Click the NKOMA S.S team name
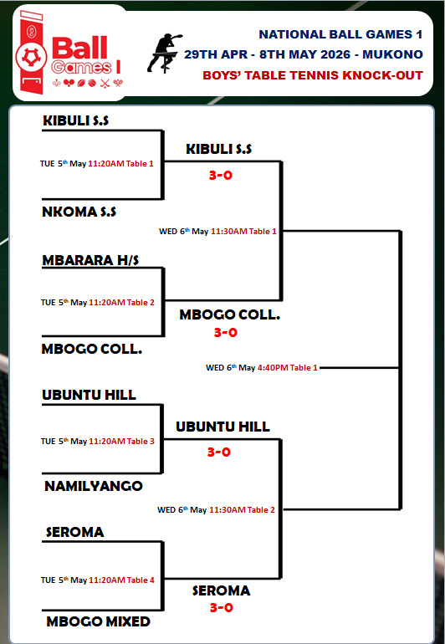pyautogui.click(x=79, y=212)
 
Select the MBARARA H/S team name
pyautogui.click(x=90, y=260)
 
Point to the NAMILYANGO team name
pyautogui.click(x=94, y=486)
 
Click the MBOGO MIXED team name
pyautogui.click(x=98, y=621)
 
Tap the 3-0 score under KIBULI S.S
pyautogui.click(x=221, y=176)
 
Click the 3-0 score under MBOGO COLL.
pyautogui.click(x=226, y=332)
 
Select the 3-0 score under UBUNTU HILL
pyautogui.click(x=219, y=452)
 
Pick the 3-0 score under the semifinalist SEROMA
pyautogui.click(x=222, y=607)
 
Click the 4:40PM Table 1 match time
pyautogui.click(x=288, y=368)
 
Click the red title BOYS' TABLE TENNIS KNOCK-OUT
pyautogui.click(x=313, y=75)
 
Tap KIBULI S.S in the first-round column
pyautogui.click(x=75, y=120)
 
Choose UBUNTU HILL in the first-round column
pyautogui.click(x=89, y=395)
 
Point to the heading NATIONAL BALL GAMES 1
pyautogui.click(x=340, y=34)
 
